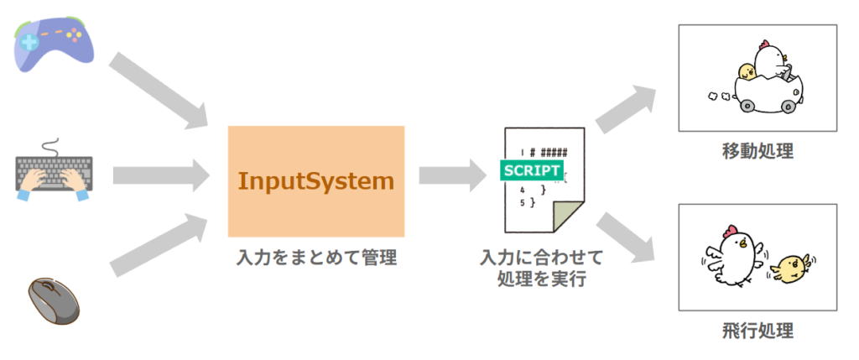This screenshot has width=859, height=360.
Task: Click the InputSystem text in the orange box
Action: coord(315,180)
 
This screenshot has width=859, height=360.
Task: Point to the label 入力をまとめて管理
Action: coord(315,258)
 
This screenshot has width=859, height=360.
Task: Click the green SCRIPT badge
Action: coord(531,169)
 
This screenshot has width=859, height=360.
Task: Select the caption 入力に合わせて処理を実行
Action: coord(541,268)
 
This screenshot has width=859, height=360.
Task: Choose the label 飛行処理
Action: coord(757,330)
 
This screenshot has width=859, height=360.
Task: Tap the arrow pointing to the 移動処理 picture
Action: coord(625,104)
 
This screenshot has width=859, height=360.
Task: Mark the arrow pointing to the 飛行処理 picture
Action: coord(625,238)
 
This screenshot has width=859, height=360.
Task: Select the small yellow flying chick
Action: coord(789,268)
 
